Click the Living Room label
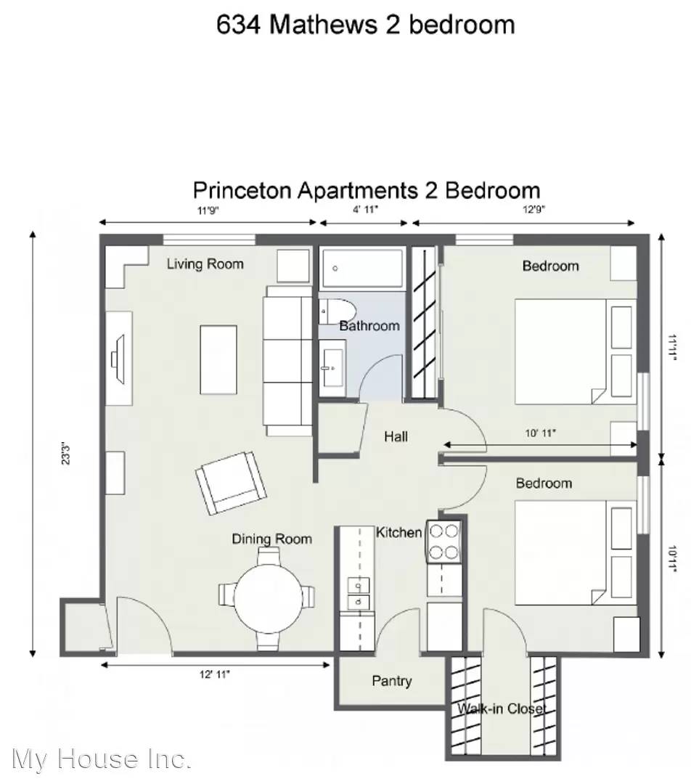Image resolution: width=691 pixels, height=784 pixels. pos(205,264)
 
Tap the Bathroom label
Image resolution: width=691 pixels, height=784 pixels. pos(369,326)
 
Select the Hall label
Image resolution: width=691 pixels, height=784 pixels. pos(396,436)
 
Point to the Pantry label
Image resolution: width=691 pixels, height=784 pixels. pos(392,681)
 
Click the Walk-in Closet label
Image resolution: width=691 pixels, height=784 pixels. pos(502,709)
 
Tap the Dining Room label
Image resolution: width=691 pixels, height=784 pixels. pos(271,539)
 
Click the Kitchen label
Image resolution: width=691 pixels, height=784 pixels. pos(398,533)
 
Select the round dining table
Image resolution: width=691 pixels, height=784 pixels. pos(269,598)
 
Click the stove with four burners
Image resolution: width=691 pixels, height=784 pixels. pos(443,542)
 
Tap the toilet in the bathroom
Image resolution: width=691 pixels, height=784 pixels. pos(337,311)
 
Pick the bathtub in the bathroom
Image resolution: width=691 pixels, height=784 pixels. pos(361,268)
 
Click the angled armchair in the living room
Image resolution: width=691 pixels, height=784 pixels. pos(231,483)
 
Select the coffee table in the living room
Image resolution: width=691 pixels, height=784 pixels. pos(218,360)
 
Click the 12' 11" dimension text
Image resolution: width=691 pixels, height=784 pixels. pos(215,674)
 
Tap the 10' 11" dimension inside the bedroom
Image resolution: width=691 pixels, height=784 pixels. pos(541,433)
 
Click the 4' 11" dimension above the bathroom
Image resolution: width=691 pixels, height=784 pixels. pos(366,210)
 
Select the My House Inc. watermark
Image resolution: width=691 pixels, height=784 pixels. pos(102,759)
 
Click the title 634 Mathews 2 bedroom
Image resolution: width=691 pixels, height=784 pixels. pos(366,25)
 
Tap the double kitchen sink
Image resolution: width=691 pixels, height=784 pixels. pos(359,594)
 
